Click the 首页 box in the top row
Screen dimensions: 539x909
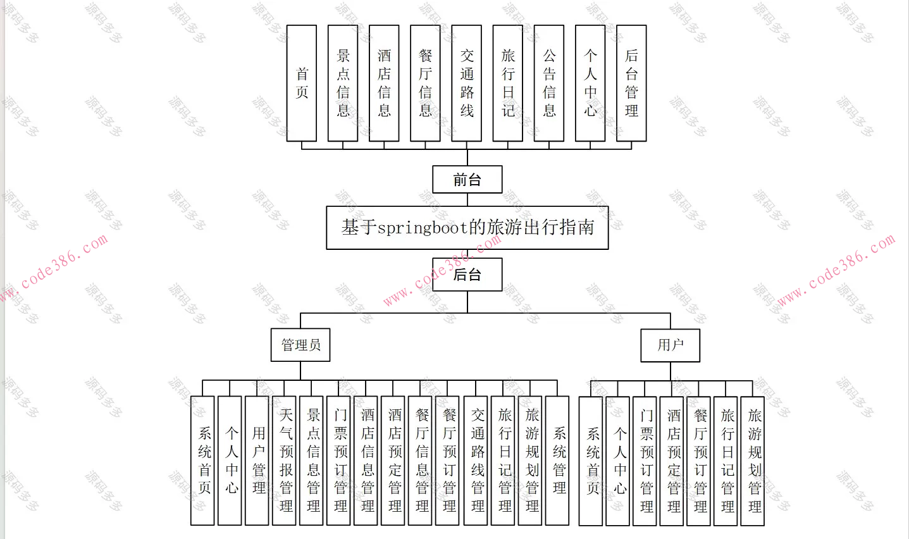302,84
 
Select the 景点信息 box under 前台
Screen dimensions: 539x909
343,84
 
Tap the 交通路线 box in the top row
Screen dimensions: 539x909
467,84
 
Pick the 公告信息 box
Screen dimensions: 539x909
549,84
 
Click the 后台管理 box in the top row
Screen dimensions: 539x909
631,84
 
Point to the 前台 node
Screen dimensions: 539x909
467,180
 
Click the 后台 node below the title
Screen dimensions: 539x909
467,275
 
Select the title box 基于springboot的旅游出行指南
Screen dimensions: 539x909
467,228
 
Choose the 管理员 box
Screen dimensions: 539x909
300,345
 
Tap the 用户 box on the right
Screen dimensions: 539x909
671,345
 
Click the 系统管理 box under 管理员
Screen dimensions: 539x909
557,461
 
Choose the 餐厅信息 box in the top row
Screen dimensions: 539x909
425,84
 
